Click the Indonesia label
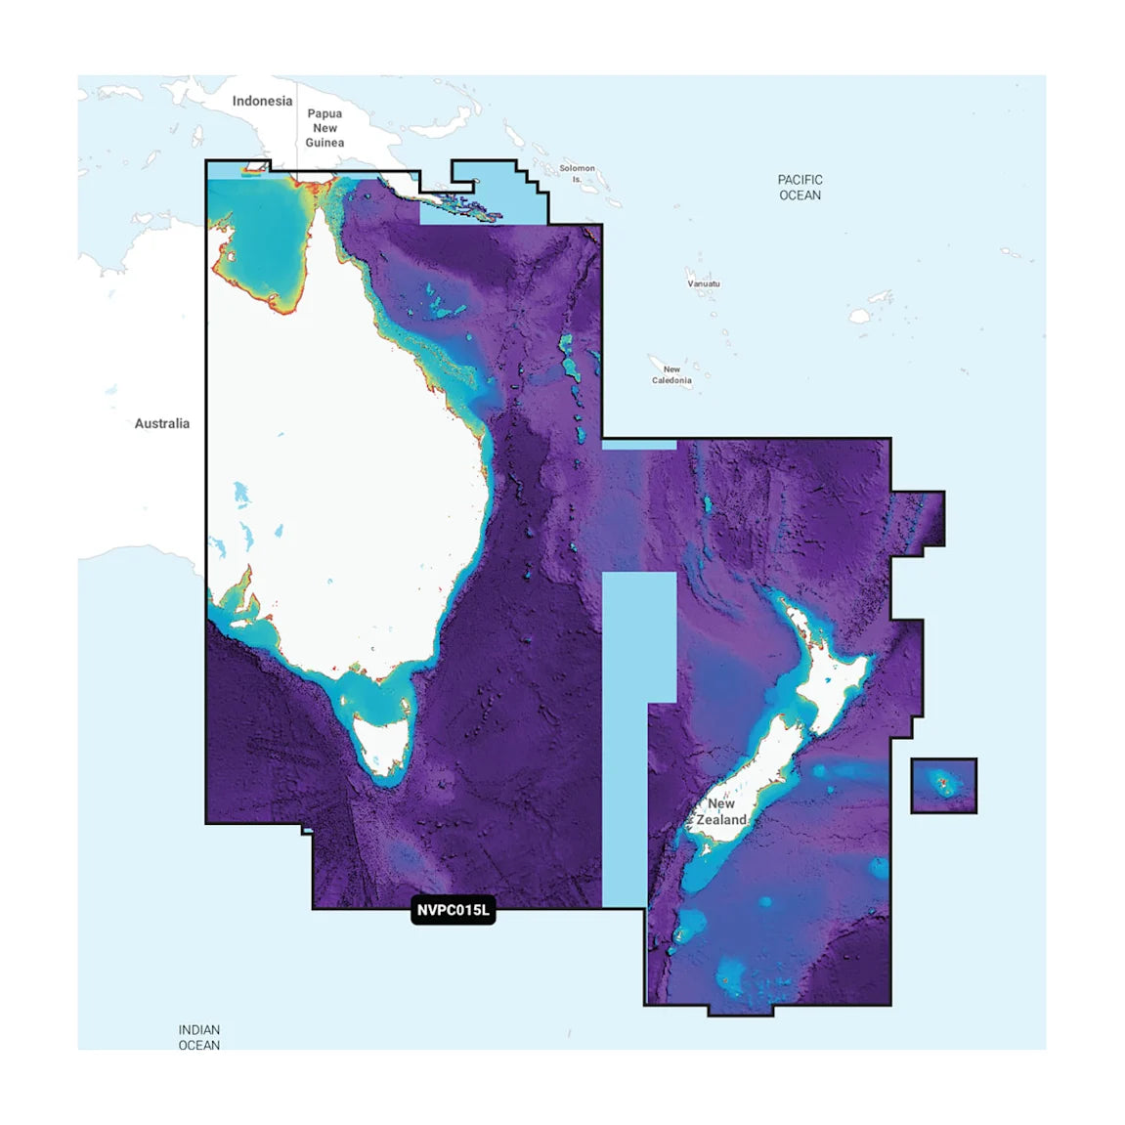pyautogui.click(x=262, y=101)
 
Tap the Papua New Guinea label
pyautogui.click(x=325, y=128)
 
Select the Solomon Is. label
pyautogui.click(x=577, y=174)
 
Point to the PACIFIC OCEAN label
pyautogui.click(x=800, y=188)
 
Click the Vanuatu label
pyautogui.click(x=704, y=283)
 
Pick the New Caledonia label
pyautogui.click(x=671, y=375)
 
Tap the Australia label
pyautogui.click(x=162, y=423)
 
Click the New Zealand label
pyautogui.click(x=721, y=812)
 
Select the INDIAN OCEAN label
pyautogui.click(x=199, y=1037)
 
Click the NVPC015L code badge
pyautogui.click(x=453, y=911)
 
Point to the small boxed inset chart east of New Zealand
pyautogui.click(x=943, y=785)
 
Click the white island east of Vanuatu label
pyautogui.click(x=860, y=316)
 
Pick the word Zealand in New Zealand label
pyautogui.click(x=721, y=820)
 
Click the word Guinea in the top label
pyautogui.click(x=325, y=143)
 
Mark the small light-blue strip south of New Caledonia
pyautogui.click(x=638, y=445)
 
